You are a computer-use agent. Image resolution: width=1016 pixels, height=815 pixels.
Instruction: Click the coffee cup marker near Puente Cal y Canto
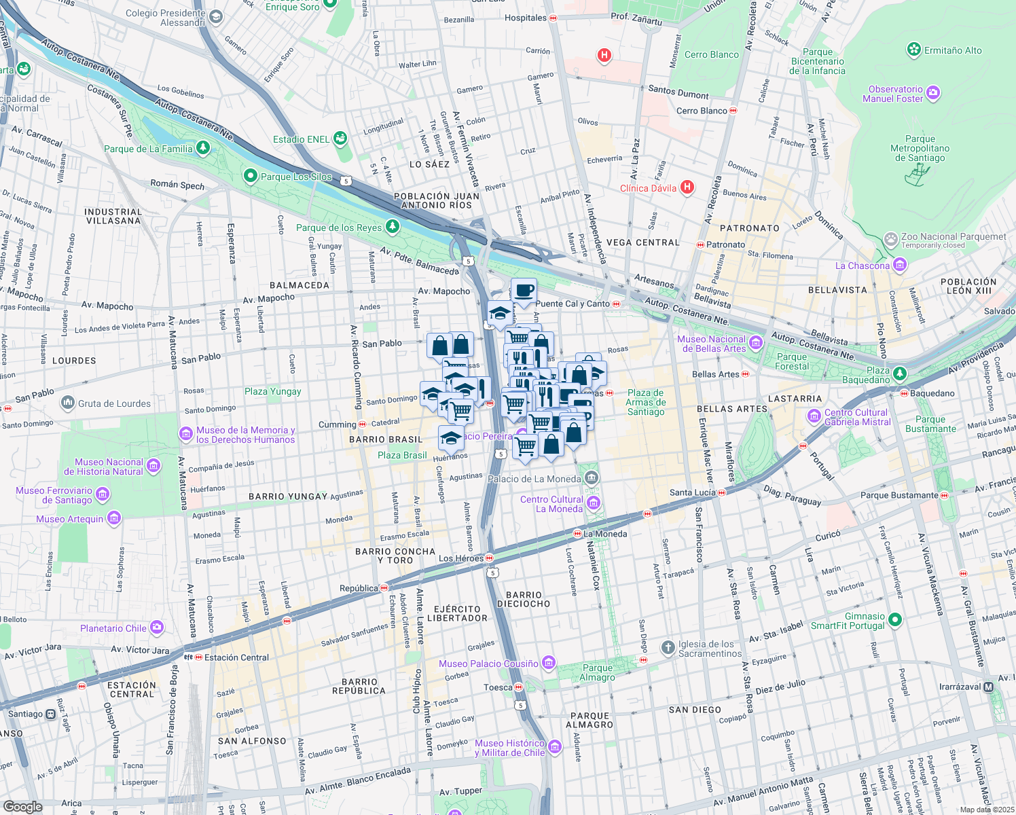(x=523, y=291)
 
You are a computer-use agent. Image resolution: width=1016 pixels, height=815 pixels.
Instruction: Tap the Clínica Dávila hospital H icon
(x=687, y=187)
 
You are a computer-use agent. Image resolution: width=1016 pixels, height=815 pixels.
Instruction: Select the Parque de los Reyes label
(x=339, y=228)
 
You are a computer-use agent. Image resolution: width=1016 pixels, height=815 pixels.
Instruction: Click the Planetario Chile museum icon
(x=158, y=628)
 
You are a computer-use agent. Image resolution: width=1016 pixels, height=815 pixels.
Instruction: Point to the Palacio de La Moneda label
(x=534, y=479)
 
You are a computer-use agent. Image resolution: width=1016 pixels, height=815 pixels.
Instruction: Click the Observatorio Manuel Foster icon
(x=933, y=93)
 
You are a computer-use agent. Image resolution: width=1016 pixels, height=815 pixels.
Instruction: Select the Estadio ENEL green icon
(x=340, y=139)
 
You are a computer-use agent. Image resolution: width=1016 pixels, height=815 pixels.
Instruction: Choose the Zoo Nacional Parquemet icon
(x=890, y=239)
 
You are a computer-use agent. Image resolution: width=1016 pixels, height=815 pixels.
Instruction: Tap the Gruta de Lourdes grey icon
(x=67, y=403)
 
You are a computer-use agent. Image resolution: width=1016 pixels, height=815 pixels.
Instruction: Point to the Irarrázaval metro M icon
(x=988, y=687)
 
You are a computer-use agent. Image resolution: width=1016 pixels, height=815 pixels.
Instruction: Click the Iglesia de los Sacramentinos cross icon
(x=668, y=646)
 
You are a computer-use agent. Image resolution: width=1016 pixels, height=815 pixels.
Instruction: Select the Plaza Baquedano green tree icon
(x=900, y=374)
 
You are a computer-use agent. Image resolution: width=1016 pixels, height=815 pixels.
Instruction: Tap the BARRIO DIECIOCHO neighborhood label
(x=524, y=599)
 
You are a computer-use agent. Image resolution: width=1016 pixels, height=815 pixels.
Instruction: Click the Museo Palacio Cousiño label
(x=488, y=664)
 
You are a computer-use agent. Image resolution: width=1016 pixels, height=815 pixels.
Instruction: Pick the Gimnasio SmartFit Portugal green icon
(x=894, y=619)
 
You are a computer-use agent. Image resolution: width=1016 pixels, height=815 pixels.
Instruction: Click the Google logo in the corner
(x=22, y=806)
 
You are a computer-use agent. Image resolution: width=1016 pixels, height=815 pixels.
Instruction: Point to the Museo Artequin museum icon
(x=113, y=519)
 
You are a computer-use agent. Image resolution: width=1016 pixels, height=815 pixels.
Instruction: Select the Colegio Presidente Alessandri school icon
(x=215, y=17)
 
